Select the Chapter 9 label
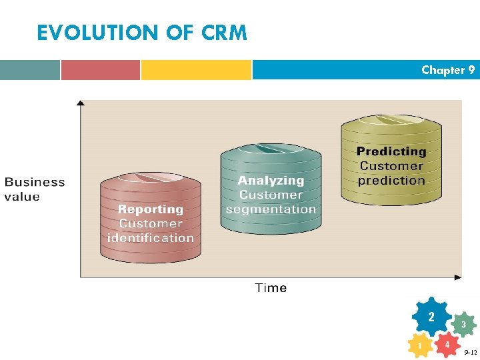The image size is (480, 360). click(448, 70)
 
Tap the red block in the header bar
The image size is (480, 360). click(101, 70)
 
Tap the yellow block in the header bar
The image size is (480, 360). click(196, 70)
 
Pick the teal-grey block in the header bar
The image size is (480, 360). click(29, 70)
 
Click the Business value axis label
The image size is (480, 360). click(35, 189)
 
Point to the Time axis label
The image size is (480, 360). click(271, 288)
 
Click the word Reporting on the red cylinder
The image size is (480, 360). click(150, 209)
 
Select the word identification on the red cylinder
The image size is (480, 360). click(151, 238)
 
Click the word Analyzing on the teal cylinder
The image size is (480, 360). click(271, 181)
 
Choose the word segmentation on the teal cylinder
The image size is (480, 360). click(271, 209)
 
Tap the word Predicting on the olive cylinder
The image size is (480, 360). click(391, 152)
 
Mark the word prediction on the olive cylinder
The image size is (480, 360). click(391, 181)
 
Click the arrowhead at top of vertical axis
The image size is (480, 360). click(81, 103)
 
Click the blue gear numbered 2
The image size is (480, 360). click(431, 316)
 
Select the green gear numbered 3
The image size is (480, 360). click(463, 325)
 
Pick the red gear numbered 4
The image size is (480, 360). click(447, 344)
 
